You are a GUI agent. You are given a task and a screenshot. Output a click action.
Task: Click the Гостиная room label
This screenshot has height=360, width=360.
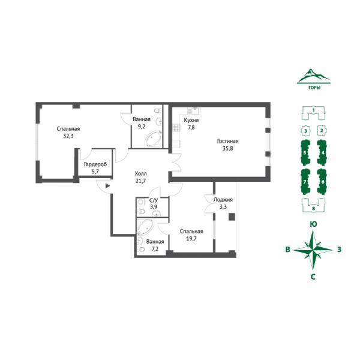(x=227, y=141)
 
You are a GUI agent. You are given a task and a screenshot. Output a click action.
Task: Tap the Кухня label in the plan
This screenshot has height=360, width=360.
(x=191, y=120)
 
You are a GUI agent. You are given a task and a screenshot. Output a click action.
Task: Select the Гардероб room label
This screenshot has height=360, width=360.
(x=95, y=164)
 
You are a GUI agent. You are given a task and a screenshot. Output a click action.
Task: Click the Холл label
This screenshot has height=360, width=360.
(x=140, y=173)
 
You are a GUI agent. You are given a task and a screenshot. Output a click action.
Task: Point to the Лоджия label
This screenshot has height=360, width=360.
(x=223, y=200)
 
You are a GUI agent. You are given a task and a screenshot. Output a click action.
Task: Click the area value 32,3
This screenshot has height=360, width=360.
(x=68, y=136)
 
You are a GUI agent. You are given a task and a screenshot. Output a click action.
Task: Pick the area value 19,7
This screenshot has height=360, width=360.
(x=191, y=239)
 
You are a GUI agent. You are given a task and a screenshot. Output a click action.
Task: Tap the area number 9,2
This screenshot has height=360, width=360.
(x=142, y=127)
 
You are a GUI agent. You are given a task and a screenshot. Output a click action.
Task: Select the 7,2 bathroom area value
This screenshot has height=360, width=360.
(x=155, y=249)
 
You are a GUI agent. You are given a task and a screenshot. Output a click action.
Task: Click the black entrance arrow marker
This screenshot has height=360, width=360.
(x=107, y=186)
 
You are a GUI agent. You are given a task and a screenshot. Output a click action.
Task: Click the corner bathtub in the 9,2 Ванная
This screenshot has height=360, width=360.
(x=153, y=139)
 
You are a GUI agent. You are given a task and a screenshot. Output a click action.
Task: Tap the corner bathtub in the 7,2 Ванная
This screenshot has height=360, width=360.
(x=145, y=227)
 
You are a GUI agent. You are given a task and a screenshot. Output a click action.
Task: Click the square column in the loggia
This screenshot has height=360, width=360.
(x=232, y=217)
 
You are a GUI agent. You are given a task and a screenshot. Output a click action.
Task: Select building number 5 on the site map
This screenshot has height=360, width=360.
(x=305, y=152)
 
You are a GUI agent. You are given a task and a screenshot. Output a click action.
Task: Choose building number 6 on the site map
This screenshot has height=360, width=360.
(x=323, y=182)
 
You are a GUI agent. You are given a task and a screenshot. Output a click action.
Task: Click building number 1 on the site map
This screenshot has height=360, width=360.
(x=313, y=113)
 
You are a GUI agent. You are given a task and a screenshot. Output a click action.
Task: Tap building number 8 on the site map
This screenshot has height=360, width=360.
(x=313, y=206)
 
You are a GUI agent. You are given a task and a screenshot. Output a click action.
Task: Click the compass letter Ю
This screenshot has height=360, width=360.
(x=313, y=224)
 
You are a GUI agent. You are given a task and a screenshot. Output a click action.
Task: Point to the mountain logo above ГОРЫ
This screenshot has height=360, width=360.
(x=314, y=76)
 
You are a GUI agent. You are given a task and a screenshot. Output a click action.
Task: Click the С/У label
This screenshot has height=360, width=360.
(x=154, y=200)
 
